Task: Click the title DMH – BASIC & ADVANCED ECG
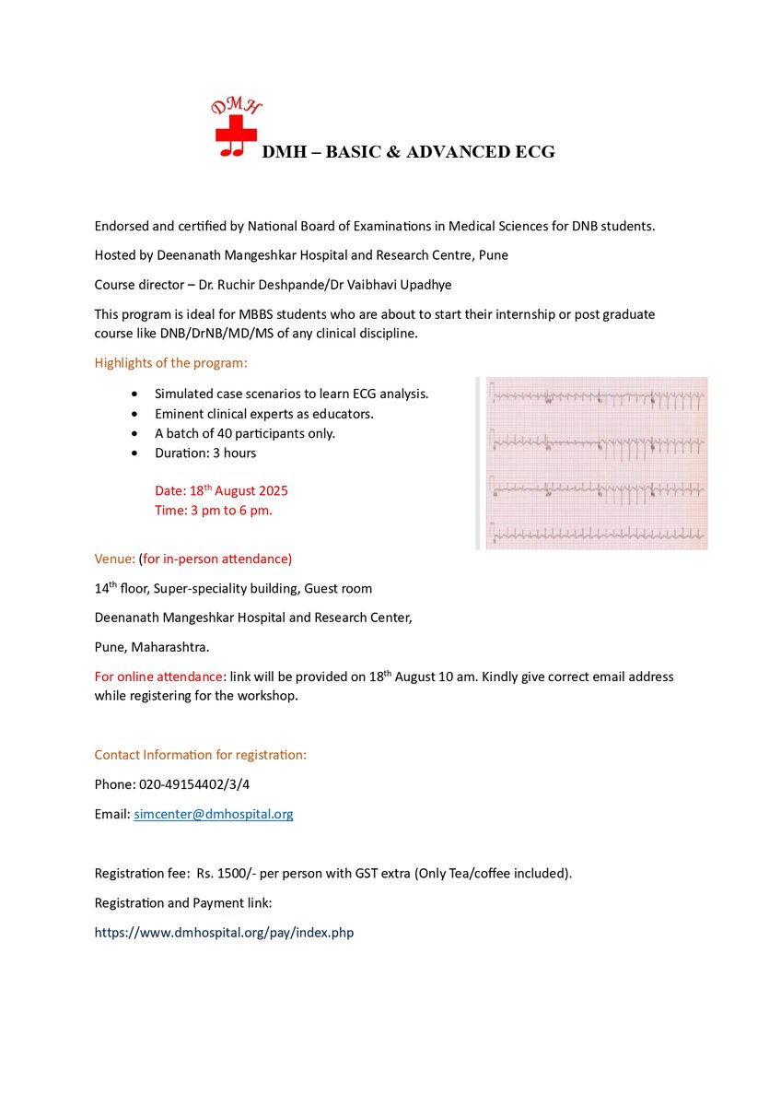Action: click(x=408, y=152)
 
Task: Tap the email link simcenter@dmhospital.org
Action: click(x=213, y=814)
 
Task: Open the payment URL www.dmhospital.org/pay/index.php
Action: click(x=224, y=932)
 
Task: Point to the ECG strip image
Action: click(x=592, y=463)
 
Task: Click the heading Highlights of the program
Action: click(x=171, y=363)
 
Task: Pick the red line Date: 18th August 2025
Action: click(x=221, y=490)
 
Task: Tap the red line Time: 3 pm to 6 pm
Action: click(x=213, y=510)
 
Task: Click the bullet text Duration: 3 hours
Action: click(x=205, y=453)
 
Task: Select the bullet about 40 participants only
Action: click(x=245, y=433)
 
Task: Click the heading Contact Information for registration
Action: click(x=200, y=755)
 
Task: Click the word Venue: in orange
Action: click(x=115, y=559)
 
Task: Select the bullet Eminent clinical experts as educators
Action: click(x=263, y=414)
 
